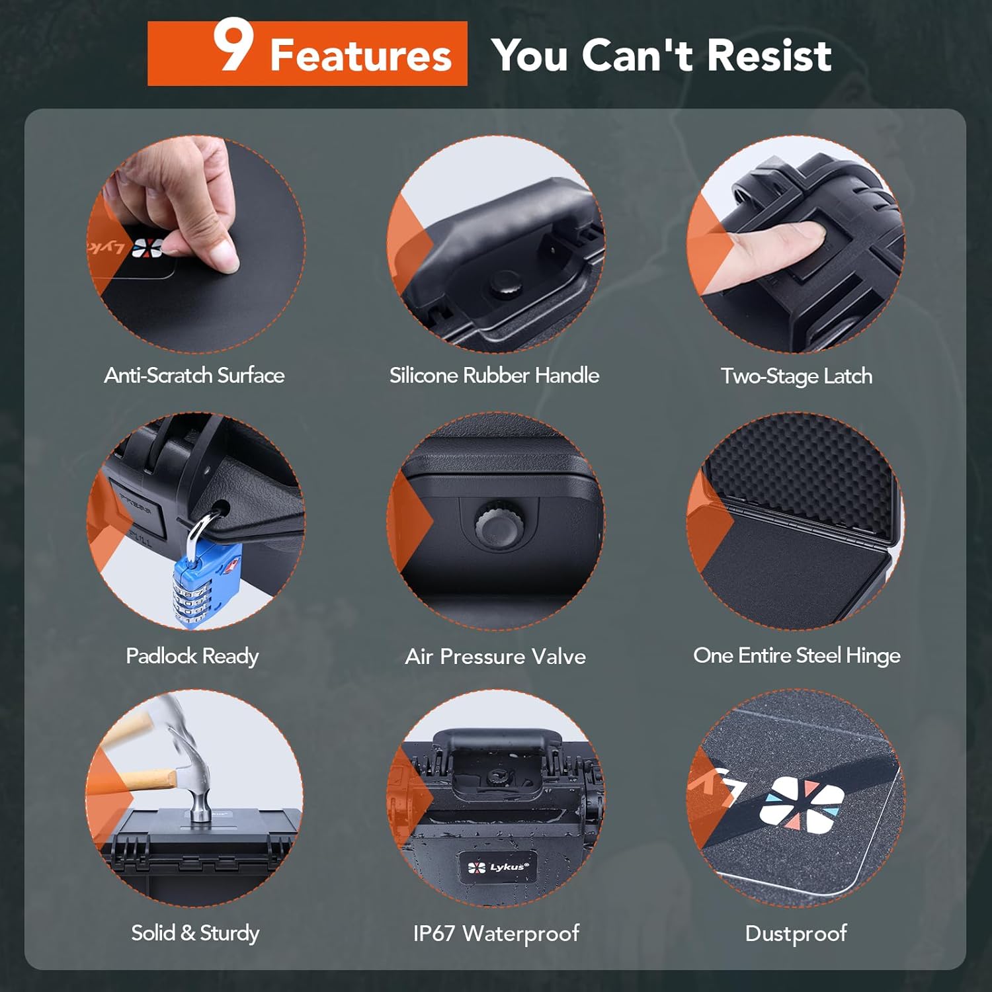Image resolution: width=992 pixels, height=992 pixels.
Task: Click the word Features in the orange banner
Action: click(x=360, y=56)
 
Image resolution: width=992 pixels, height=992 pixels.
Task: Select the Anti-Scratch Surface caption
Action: click(x=194, y=376)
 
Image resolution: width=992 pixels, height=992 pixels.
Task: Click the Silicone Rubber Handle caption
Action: click(x=494, y=376)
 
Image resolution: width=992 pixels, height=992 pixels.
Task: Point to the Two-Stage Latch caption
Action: click(x=796, y=376)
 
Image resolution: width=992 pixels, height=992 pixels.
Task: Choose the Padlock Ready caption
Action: click(x=192, y=656)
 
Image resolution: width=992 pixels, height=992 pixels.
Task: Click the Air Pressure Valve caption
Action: click(x=495, y=657)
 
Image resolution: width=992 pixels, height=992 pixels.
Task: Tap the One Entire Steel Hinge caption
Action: click(x=796, y=655)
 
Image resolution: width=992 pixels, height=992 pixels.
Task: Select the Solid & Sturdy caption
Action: click(x=195, y=933)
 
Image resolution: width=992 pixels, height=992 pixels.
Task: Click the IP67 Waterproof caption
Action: click(x=496, y=933)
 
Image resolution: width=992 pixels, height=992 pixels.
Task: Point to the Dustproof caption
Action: click(x=796, y=933)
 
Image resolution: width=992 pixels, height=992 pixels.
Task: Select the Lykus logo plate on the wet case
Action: click(x=498, y=867)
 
